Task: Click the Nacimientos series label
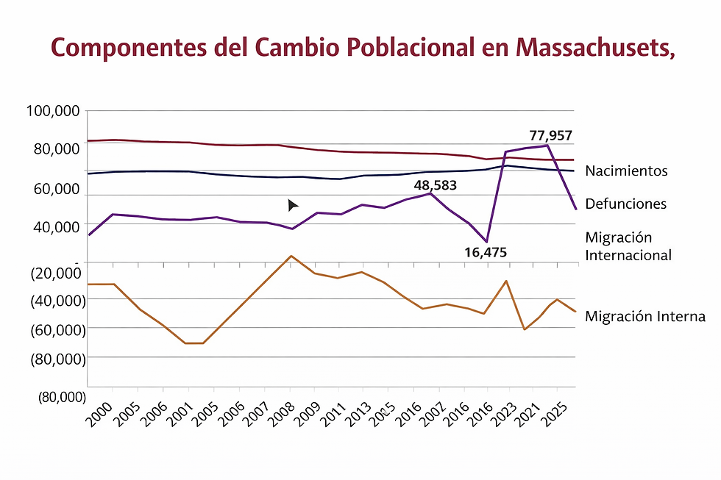(626, 171)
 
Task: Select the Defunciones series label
(625, 204)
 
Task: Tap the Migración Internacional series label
(628, 246)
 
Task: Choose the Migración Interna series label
(645, 316)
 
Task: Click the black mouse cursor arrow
(292, 205)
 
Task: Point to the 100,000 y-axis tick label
(52, 111)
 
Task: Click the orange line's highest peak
(291, 256)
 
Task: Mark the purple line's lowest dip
(486, 242)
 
